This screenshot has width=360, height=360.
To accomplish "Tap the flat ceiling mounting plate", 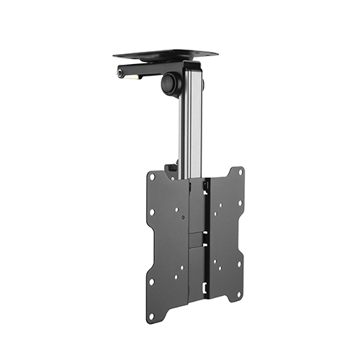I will click(x=165, y=54).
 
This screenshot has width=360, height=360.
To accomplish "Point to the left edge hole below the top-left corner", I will click(x=151, y=213).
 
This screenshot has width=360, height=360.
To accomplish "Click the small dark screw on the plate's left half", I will click(x=184, y=217).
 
